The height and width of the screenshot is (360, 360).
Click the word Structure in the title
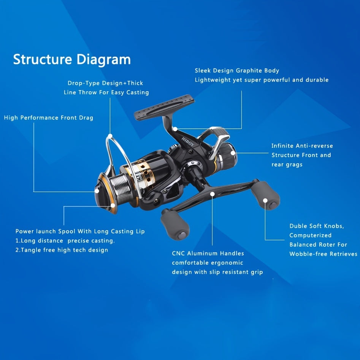[43, 59]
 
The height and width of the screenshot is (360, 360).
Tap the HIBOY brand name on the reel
[188, 142]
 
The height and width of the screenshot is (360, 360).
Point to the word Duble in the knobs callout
[298, 226]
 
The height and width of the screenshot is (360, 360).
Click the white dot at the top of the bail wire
[110, 136]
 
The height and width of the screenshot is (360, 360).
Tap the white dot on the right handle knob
[265, 200]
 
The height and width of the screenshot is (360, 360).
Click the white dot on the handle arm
[213, 194]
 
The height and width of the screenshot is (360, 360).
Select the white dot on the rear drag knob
[233, 153]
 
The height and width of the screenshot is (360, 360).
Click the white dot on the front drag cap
[97, 191]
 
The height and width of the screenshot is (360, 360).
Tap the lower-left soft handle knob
[175, 224]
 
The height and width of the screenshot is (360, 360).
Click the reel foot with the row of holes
[164, 107]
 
